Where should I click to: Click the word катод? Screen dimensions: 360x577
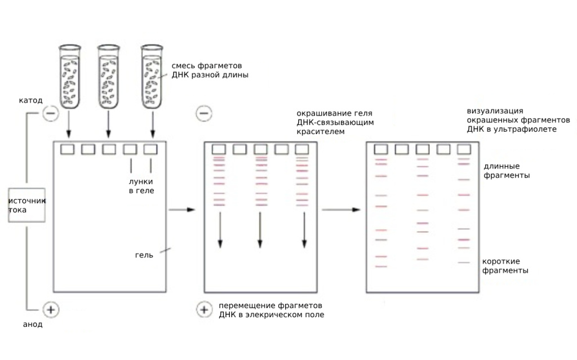[x=30, y=100]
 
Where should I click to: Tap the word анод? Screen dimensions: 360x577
[x=33, y=325]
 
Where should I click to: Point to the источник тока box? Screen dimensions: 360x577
[x=26, y=205]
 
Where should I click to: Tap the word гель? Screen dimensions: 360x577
[x=144, y=255]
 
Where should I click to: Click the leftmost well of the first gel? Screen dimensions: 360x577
[x=68, y=149]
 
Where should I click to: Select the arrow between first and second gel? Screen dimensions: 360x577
[x=182, y=210]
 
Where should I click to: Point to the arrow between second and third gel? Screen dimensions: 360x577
[x=341, y=210]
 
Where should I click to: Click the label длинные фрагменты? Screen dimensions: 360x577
[x=507, y=171]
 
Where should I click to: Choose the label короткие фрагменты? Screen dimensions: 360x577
[x=505, y=266]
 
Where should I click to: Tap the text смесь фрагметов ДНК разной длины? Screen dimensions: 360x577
[x=210, y=70]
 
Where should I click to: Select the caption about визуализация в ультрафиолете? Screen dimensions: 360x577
[x=518, y=120]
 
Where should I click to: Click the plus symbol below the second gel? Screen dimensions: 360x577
[x=204, y=309]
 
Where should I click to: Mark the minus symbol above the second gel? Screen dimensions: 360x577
[x=204, y=113]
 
